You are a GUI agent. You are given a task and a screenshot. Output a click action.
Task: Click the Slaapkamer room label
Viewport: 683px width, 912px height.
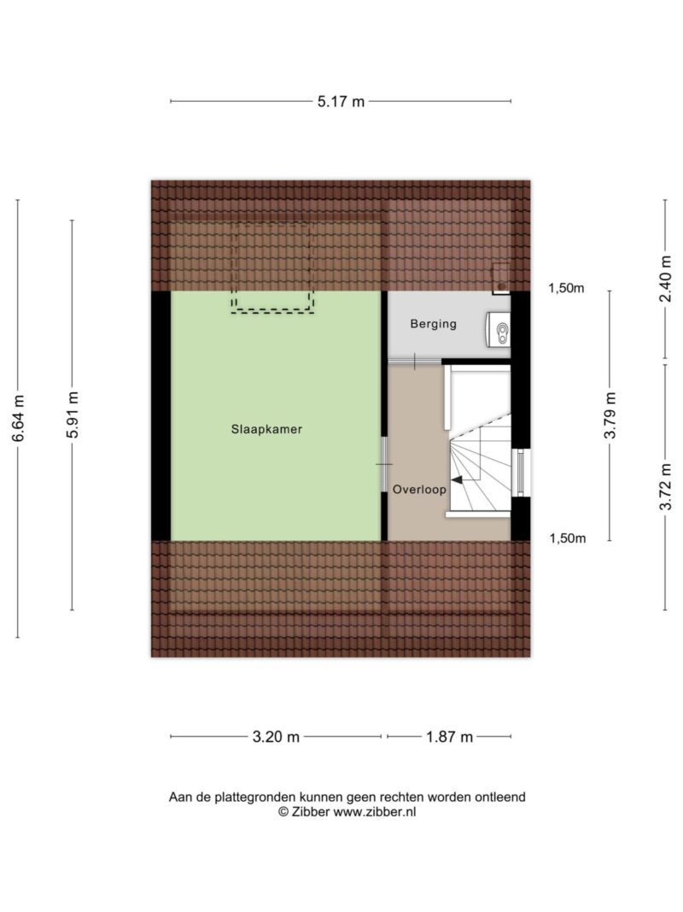click(266, 430)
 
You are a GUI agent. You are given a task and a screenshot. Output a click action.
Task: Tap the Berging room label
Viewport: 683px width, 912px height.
click(433, 324)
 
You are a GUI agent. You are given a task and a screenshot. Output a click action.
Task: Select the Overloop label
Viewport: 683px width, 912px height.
click(419, 489)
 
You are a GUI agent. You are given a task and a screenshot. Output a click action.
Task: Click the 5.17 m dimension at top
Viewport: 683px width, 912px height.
click(341, 102)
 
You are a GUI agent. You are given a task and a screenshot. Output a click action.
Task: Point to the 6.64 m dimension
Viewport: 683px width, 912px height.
click(19, 418)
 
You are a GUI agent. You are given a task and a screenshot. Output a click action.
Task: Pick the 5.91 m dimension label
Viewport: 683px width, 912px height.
click(72, 415)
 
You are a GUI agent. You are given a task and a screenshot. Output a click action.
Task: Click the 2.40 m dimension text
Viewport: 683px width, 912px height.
click(666, 279)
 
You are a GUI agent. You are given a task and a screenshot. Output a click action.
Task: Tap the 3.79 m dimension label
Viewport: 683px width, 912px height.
click(610, 415)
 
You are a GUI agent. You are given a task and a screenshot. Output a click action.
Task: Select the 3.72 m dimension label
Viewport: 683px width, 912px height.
click(666, 486)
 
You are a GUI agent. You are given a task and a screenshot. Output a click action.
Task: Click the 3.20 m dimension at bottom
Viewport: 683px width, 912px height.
click(276, 737)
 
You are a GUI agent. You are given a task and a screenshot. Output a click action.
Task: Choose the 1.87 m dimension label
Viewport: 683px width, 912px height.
click(450, 737)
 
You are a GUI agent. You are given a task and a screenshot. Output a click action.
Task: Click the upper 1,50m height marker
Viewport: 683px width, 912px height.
click(566, 288)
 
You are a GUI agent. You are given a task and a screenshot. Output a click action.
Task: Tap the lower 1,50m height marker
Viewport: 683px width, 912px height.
click(568, 538)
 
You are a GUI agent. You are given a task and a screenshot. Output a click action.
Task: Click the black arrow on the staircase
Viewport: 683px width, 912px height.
click(458, 480)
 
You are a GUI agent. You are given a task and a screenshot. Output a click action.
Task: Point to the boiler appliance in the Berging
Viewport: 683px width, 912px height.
click(499, 329)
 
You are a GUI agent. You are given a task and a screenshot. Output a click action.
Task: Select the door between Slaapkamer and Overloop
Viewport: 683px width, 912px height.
click(384, 464)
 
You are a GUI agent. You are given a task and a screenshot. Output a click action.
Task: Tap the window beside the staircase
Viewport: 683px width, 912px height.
click(521, 473)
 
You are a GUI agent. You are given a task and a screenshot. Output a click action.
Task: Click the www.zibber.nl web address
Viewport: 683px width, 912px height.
click(374, 812)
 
